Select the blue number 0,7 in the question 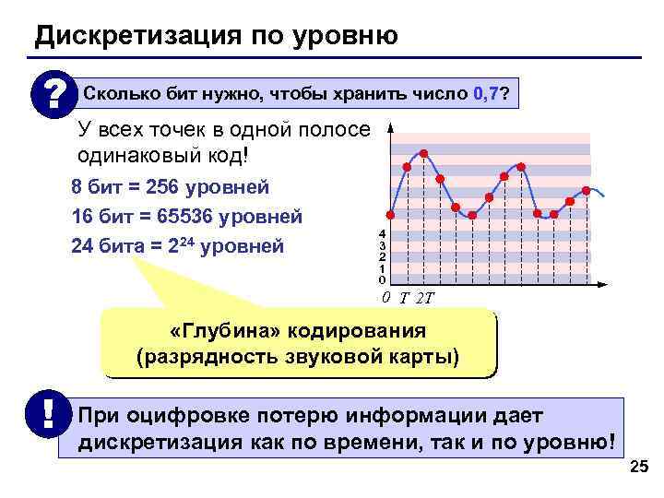[485, 94]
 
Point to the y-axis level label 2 [382, 257]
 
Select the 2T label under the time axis [425, 298]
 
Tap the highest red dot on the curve [423, 153]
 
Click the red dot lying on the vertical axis [390, 215]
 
